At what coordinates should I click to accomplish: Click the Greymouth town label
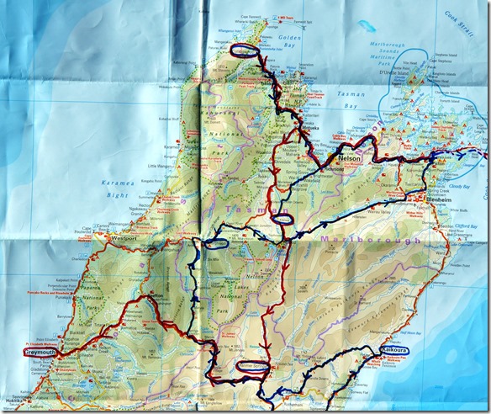tap(34, 352)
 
